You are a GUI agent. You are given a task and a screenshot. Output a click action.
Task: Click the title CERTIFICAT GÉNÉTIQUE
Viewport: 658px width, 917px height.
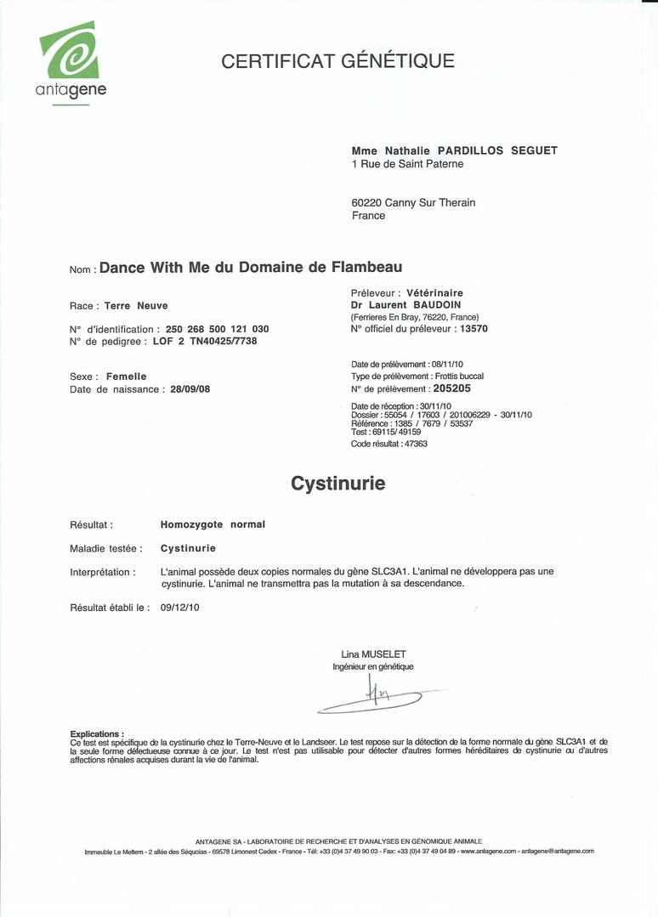click(x=338, y=61)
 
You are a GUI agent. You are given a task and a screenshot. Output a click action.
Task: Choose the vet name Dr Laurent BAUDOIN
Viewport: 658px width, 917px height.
click(x=406, y=304)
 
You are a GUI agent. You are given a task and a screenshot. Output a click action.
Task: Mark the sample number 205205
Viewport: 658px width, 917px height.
click(x=457, y=388)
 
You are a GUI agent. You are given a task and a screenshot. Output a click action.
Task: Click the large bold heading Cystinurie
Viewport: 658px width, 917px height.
click(x=338, y=484)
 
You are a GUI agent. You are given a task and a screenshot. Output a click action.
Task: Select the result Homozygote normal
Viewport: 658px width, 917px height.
click(x=213, y=524)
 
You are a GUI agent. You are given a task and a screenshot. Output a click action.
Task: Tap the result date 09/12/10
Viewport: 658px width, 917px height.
click(x=179, y=608)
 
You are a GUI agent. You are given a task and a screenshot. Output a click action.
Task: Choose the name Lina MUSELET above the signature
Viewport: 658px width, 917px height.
click(x=373, y=654)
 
